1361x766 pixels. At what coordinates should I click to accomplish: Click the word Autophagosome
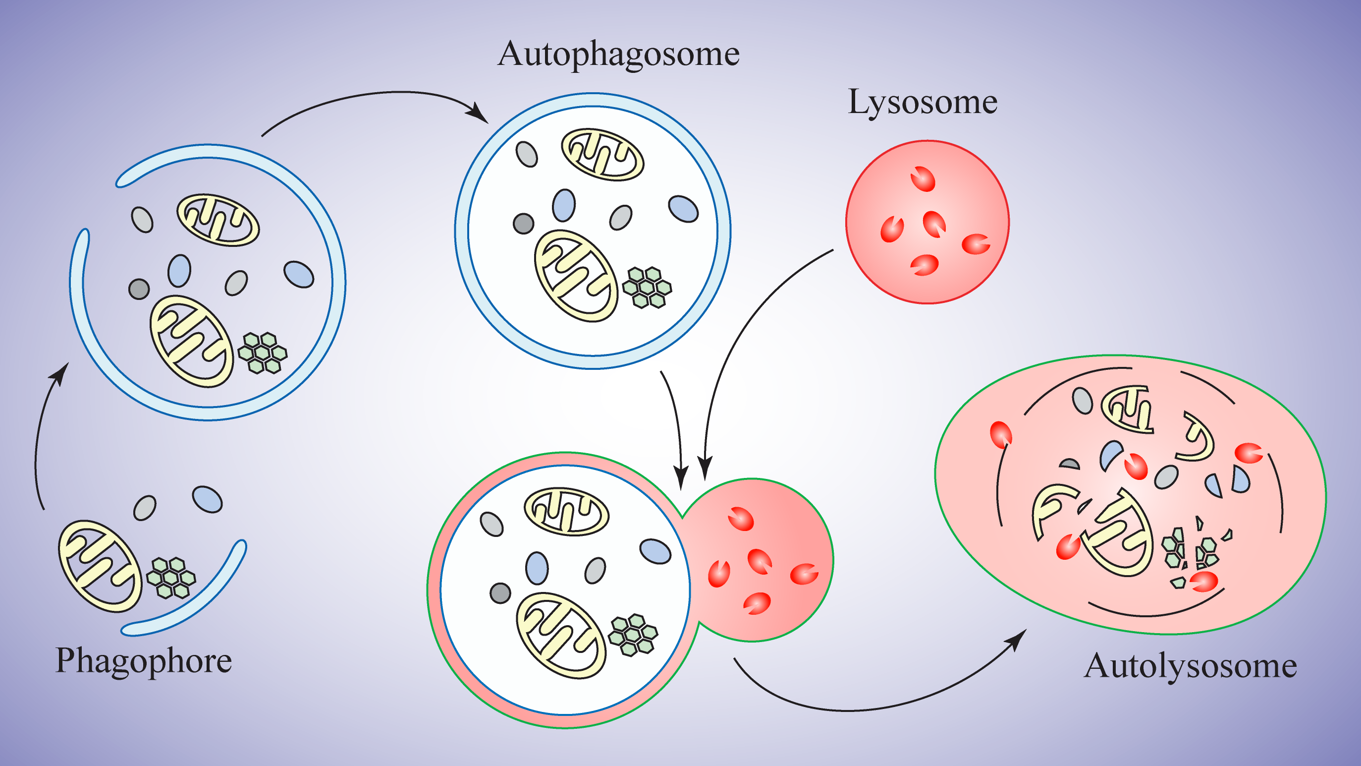click(618, 55)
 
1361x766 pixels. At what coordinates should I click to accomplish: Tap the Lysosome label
click(923, 102)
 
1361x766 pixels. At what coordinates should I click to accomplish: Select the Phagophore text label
click(144, 661)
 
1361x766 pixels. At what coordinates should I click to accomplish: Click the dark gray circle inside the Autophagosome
click(523, 224)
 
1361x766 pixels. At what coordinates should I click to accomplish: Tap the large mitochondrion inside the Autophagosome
click(576, 276)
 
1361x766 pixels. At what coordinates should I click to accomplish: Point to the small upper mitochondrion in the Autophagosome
click(602, 154)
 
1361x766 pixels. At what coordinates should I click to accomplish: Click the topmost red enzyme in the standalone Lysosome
click(923, 178)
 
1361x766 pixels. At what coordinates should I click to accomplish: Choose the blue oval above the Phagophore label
click(207, 499)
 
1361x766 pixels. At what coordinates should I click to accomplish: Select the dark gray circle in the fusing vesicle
click(500, 593)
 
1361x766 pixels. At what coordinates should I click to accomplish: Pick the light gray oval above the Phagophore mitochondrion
click(145, 508)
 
